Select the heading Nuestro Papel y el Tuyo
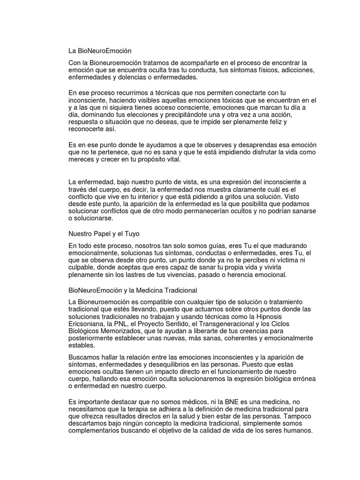click(104, 233)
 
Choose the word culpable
click(82, 267)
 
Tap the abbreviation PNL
click(127, 324)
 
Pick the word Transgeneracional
click(233, 324)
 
